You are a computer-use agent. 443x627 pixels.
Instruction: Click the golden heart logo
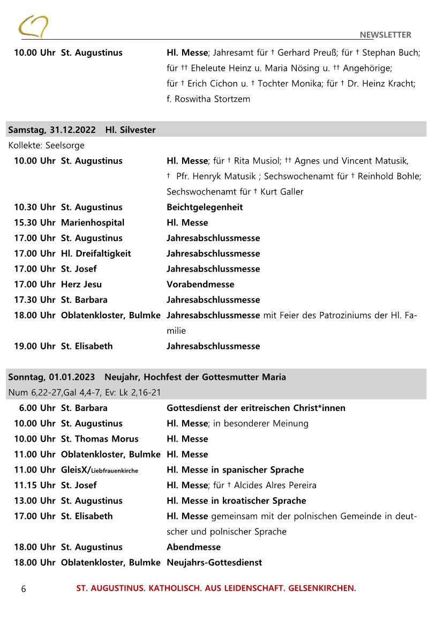click(x=33, y=27)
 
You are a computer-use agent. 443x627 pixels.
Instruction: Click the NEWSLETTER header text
click(x=385, y=35)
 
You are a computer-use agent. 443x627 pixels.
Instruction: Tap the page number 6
click(x=23, y=589)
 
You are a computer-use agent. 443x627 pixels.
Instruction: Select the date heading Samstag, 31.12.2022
click(x=52, y=130)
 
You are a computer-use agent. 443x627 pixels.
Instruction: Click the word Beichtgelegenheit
click(x=204, y=207)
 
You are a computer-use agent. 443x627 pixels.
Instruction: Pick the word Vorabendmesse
click(x=200, y=284)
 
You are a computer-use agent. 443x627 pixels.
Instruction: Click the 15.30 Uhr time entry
click(x=34, y=222)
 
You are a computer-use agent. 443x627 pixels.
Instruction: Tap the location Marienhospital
click(x=92, y=222)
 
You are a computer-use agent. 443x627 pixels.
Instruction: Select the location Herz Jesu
click(x=81, y=284)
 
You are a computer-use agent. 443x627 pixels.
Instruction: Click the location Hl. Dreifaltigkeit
click(x=95, y=253)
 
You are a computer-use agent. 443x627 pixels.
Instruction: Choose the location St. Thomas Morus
click(x=99, y=439)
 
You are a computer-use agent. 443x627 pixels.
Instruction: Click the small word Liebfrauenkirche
click(x=115, y=471)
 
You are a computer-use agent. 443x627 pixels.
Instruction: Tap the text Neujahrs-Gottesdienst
click(x=214, y=563)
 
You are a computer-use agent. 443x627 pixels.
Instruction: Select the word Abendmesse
click(x=193, y=547)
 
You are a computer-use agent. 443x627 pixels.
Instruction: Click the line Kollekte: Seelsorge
click(x=46, y=145)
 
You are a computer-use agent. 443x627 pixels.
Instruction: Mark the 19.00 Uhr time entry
click(x=34, y=346)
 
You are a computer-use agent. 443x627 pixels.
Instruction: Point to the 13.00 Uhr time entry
click(x=34, y=501)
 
